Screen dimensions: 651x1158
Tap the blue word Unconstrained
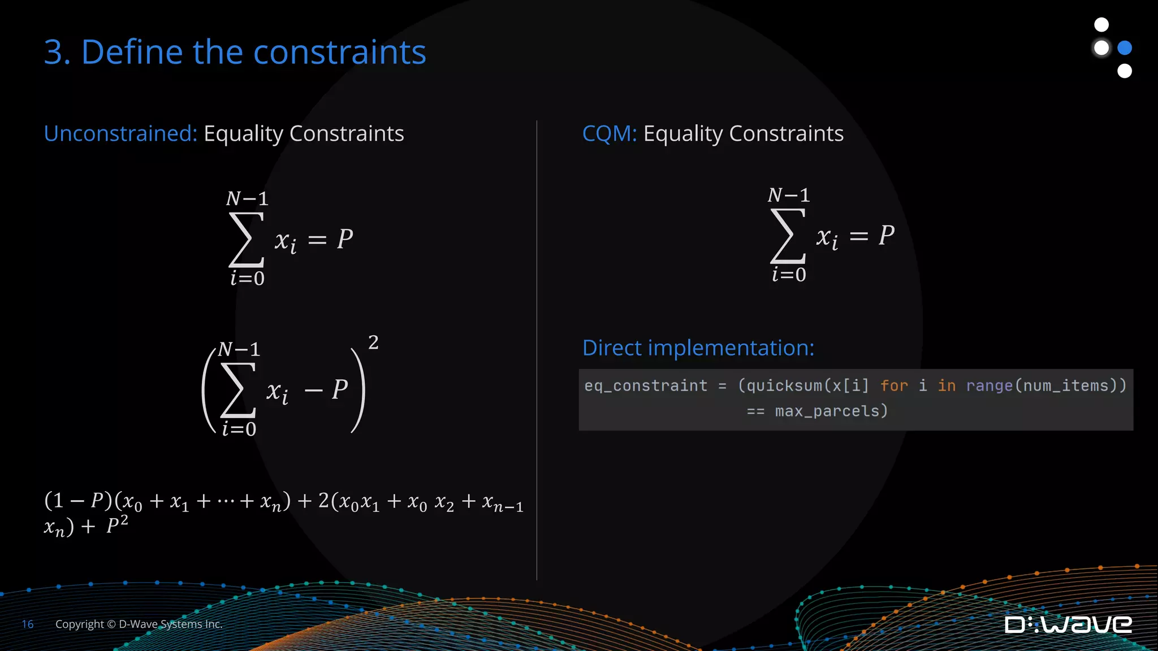point(120,133)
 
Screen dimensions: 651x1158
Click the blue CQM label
point(609,133)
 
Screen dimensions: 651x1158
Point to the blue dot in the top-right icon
point(1125,47)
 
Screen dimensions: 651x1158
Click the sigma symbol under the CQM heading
point(788,236)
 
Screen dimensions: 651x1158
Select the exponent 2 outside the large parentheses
point(373,342)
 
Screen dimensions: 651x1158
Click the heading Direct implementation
point(698,348)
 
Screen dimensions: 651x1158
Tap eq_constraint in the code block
point(645,385)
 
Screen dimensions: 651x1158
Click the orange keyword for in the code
point(893,385)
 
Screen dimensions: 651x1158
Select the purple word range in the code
point(989,385)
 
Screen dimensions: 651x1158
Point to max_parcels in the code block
point(831,411)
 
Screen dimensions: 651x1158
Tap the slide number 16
point(28,624)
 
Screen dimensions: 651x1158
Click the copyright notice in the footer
point(139,624)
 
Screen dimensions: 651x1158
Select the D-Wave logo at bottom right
point(1068,624)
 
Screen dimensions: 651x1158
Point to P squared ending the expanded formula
point(117,525)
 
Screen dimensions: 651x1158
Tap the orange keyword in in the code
point(947,385)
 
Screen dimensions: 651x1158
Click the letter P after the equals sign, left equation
point(345,239)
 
